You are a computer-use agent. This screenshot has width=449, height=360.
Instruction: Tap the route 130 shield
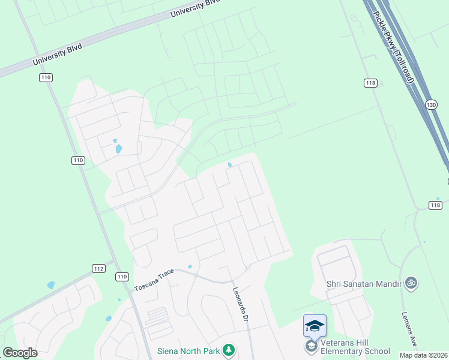[x=431, y=104]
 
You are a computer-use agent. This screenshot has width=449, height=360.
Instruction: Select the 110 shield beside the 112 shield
[x=122, y=277]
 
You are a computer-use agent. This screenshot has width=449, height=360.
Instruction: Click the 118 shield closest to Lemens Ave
[x=436, y=205]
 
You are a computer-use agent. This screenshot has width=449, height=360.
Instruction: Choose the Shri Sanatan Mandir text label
[x=362, y=283]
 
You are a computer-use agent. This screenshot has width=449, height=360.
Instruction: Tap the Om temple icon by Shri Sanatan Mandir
[x=411, y=283]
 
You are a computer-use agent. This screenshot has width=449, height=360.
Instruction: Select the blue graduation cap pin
[x=315, y=326]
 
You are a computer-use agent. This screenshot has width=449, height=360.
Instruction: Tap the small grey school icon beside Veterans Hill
[x=311, y=347]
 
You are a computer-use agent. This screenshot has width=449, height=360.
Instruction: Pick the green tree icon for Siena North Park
[x=228, y=350]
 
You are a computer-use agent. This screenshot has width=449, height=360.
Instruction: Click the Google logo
[x=20, y=352]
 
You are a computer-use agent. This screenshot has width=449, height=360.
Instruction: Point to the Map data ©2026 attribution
[x=424, y=355]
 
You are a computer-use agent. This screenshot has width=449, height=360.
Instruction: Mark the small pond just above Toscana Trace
[x=190, y=266]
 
